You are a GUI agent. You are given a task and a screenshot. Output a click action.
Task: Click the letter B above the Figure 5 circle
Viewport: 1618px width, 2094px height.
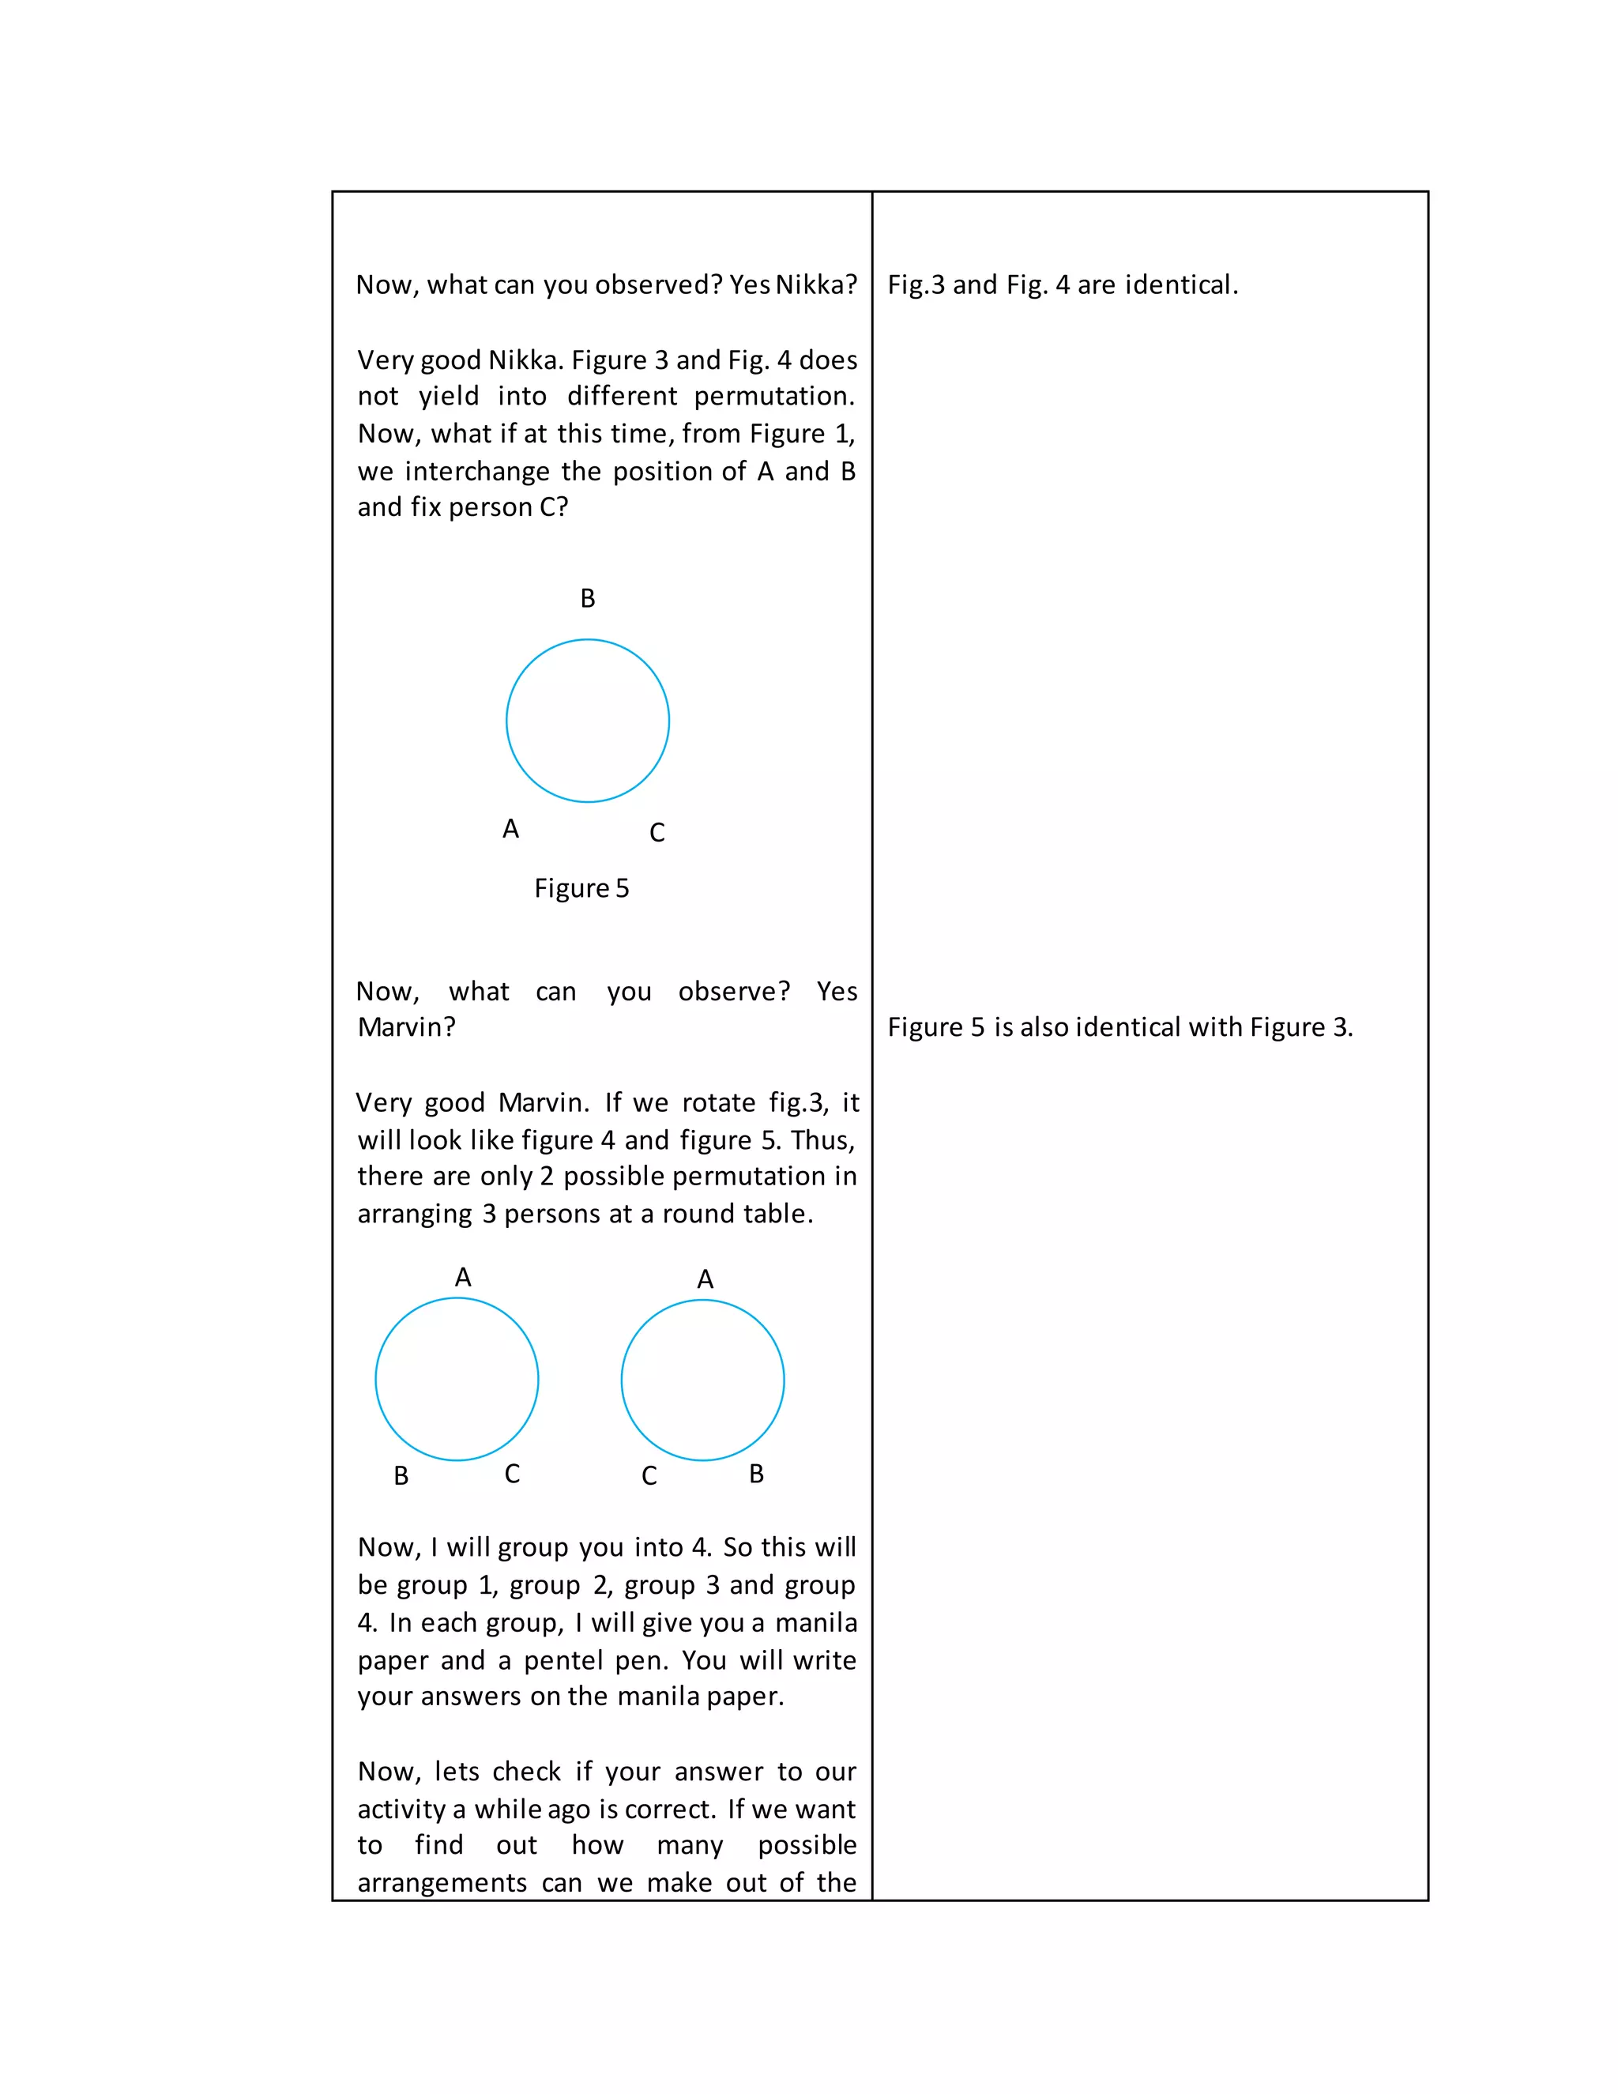coord(588,598)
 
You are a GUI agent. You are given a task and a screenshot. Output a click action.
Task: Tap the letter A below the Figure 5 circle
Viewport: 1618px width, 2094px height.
coord(511,828)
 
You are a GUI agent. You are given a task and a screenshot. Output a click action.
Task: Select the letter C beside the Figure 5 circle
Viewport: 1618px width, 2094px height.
coord(657,832)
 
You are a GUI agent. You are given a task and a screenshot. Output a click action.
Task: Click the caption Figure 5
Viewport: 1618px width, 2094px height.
coord(581,888)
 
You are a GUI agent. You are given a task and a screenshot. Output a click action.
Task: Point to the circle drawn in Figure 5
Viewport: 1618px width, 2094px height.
coord(588,721)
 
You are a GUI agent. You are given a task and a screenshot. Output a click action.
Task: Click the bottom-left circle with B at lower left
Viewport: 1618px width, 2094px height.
coord(457,1379)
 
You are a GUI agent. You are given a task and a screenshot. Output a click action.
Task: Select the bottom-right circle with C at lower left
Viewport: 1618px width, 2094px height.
coord(702,1380)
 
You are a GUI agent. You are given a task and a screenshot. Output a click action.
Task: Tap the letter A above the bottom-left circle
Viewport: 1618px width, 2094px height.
coord(463,1277)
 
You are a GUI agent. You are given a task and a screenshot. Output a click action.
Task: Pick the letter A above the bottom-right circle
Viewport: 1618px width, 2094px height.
coord(706,1279)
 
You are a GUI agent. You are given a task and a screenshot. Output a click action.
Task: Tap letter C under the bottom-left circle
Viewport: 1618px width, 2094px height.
coord(513,1474)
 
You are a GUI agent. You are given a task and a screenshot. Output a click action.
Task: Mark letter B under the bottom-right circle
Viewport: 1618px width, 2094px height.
coord(756,1474)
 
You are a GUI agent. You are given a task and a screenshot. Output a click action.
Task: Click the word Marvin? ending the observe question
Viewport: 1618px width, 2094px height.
coord(406,1027)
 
